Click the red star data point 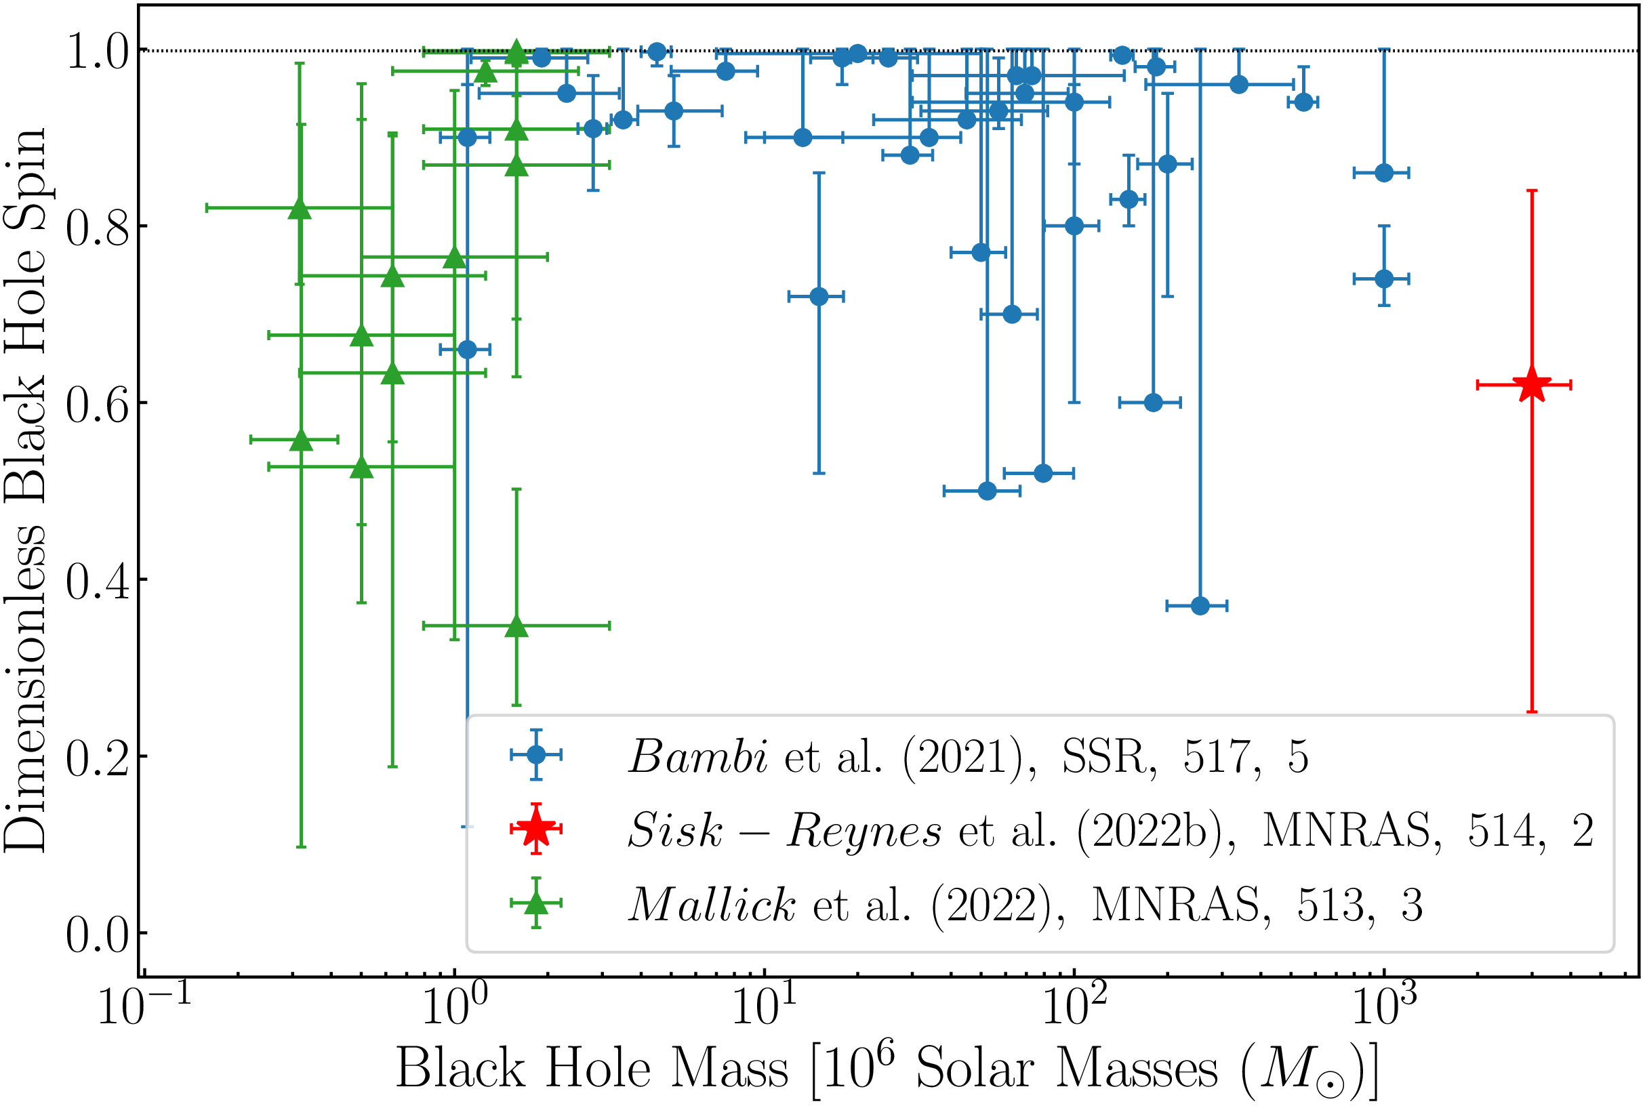coord(1531,385)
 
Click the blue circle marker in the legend coord(536,755)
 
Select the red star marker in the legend coord(536,828)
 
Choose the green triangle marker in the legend coord(536,903)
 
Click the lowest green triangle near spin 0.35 coord(516,626)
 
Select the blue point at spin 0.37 coord(1200,606)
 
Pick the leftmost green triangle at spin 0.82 coord(300,209)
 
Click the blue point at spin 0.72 coord(818,296)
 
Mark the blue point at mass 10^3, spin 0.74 coord(1383,279)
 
